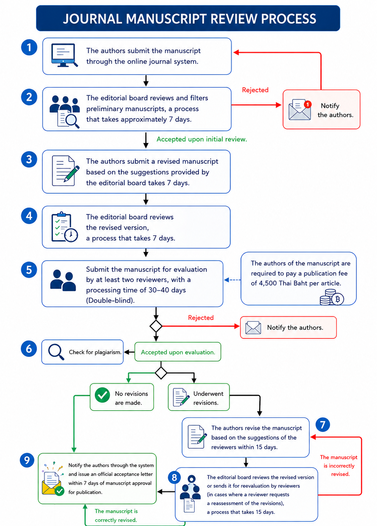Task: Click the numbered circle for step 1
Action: tap(29, 48)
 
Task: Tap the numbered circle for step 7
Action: tap(323, 424)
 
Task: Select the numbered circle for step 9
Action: tap(27, 460)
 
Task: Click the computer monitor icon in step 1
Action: tap(64, 55)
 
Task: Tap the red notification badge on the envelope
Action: tap(307, 104)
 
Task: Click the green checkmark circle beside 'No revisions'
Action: tap(102, 395)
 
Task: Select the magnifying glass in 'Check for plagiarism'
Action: tap(56, 352)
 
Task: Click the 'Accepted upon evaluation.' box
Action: tap(178, 352)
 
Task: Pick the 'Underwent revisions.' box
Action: tap(198, 397)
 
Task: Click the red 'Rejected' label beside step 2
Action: tap(255, 90)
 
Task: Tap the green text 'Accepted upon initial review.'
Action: tap(202, 139)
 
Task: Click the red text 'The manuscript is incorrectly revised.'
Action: tap(339, 465)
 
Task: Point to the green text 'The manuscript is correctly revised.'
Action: tap(116, 515)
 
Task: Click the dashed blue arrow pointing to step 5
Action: tap(232, 280)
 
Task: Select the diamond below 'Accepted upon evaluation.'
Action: tap(161, 373)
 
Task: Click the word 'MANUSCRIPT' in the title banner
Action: tap(168, 19)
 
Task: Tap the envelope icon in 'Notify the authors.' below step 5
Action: tap(253, 327)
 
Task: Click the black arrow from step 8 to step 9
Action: tap(166, 492)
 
